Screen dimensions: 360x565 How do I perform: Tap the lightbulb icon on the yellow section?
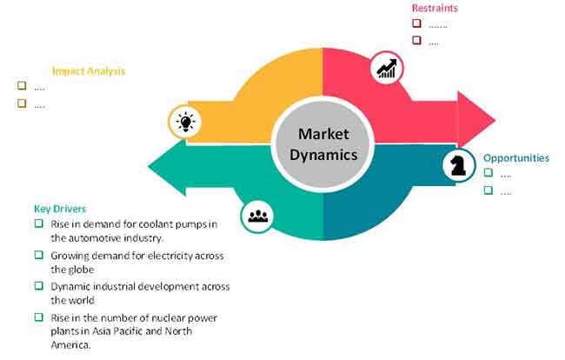click(184, 122)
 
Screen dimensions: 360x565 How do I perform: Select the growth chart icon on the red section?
click(386, 69)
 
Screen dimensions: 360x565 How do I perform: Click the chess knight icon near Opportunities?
click(457, 165)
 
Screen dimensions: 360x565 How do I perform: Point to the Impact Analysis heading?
click(89, 71)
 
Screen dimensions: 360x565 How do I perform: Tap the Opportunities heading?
click(516, 158)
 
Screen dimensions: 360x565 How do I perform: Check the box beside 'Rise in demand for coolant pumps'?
click(38, 224)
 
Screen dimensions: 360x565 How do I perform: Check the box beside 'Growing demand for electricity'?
click(38, 255)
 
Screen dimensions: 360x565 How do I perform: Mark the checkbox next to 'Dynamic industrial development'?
click(38, 285)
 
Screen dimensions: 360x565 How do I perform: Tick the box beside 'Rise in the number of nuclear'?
click(38, 316)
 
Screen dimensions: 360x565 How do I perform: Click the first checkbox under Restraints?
click(417, 23)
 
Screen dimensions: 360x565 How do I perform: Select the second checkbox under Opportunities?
click(489, 190)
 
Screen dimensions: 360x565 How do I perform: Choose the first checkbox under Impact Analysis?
click(23, 86)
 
